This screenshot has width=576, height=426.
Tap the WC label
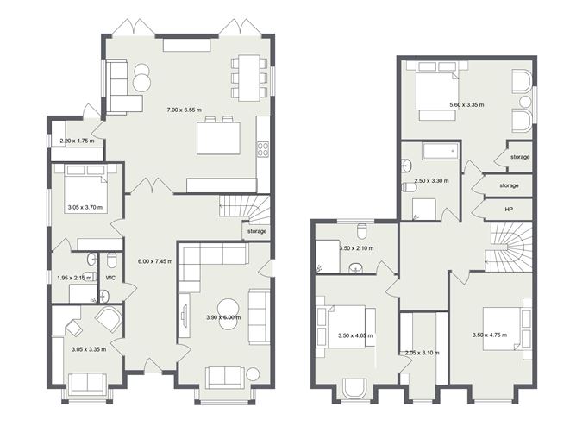click(x=110, y=279)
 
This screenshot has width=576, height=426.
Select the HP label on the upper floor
click(x=509, y=209)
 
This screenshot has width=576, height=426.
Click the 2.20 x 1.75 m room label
click(x=76, y=141)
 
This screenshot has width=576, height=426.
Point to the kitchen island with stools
click(x=218, y=138)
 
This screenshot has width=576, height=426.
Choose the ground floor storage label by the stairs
click(x=257, y=231)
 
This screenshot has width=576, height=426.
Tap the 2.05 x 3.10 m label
click(x=423, y=353)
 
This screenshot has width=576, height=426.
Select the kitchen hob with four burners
click(x=264, y=149)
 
